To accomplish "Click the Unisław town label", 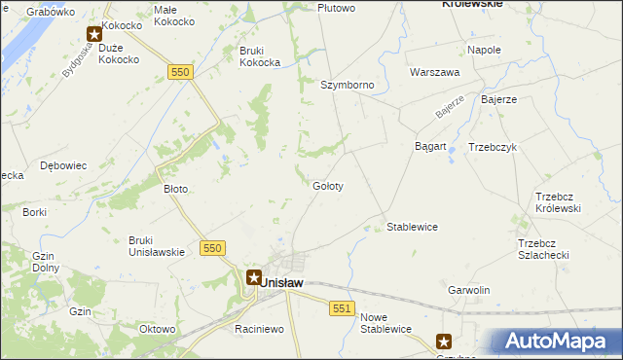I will click(282, 282).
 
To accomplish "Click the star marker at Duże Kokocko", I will click(95, 33).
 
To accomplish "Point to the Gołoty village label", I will click(327, 185).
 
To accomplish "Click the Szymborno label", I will click(348, 85).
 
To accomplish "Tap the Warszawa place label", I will click(434, 72).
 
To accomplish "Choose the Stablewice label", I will click(412, 227).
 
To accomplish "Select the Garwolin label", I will click(468, 291).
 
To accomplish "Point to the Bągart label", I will click(430, 147).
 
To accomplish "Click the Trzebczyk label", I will click(492, 147).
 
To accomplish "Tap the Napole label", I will click(484, 50).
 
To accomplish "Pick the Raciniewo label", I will click(258, 329).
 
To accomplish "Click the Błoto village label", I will click(175, 189).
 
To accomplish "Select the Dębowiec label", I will click(63, 165).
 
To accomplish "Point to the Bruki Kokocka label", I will click(260, 55).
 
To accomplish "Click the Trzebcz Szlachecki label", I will click(542, 248).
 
